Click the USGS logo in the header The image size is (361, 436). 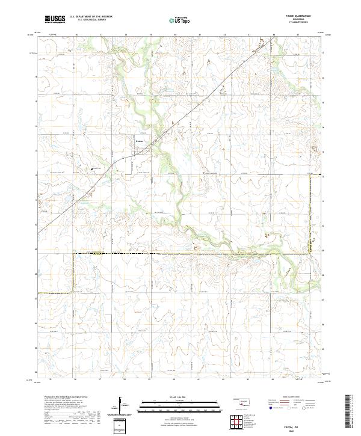click(54, 20)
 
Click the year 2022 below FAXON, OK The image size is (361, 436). click(295, 431)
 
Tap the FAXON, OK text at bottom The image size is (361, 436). click(295, 426)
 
